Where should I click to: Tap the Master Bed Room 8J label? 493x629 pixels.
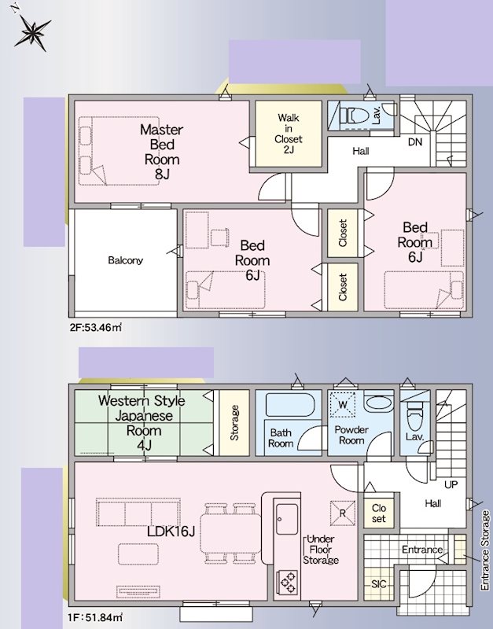pyautogui.click(x=162, y=152)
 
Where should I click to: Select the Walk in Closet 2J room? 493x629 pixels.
pyautogui.click(x=289, y=134)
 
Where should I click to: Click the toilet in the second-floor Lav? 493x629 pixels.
pyautogui.click(x=354, y=116)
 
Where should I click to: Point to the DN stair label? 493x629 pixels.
pyautogui.click(x=415, y=142)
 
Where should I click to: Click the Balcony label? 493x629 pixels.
pyautogui.click(x=125, y=260)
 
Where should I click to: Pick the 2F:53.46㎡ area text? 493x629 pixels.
pyautogui.click(x=95, y=327)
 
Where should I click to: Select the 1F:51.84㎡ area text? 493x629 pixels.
pyautogui.click(x=96, y=616)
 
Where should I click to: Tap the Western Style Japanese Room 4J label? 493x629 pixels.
pyautogui.click(x=142, y=423)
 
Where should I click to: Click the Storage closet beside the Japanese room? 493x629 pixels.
pyautogui.click(x=234, y=423)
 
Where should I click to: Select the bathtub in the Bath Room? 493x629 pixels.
pyautogui.click(x=289, y=405)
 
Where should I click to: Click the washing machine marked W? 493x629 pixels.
pyautogui.click(x=342, y=404)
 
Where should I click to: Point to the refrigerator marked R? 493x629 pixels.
pyautogui.click(x=343, y=513)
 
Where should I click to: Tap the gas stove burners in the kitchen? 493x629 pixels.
pyautogui.click(x=287, y=583)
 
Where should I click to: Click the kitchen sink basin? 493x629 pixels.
pyautogui.click(x=287, y=520)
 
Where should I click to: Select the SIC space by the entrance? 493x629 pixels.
pyautogui.click(x=379, y=584)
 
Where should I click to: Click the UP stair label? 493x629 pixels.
pyautogui.click(x=451, y=484)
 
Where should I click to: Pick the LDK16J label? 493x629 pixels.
pyautogui.click(x=171, y=532)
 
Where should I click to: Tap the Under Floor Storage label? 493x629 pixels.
pyautogui.click(x=321, y=550)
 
